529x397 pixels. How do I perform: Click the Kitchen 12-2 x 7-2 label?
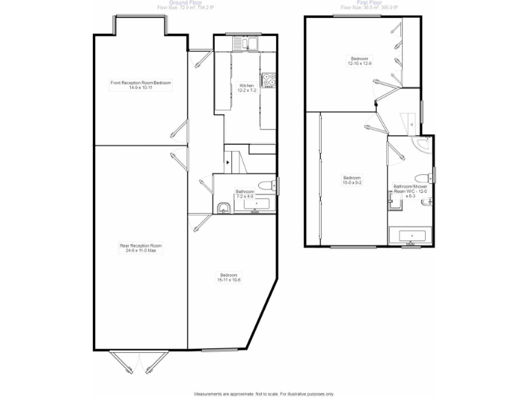click(x=247, y=88)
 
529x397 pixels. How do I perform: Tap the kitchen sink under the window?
click(x=245, y=44)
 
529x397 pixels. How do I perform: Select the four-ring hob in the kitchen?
click(x=269, y=81)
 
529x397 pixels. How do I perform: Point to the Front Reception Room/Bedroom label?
click(x=141, y=85)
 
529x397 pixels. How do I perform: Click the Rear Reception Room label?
click(x=141, y=247)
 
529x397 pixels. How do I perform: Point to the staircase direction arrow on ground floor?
click(x=228, y=160)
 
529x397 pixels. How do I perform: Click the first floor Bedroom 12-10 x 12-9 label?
click(x=360, y=61)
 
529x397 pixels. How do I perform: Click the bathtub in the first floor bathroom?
click(x=411, y=236)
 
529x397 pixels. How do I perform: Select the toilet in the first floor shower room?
click(x=427, y=173)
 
